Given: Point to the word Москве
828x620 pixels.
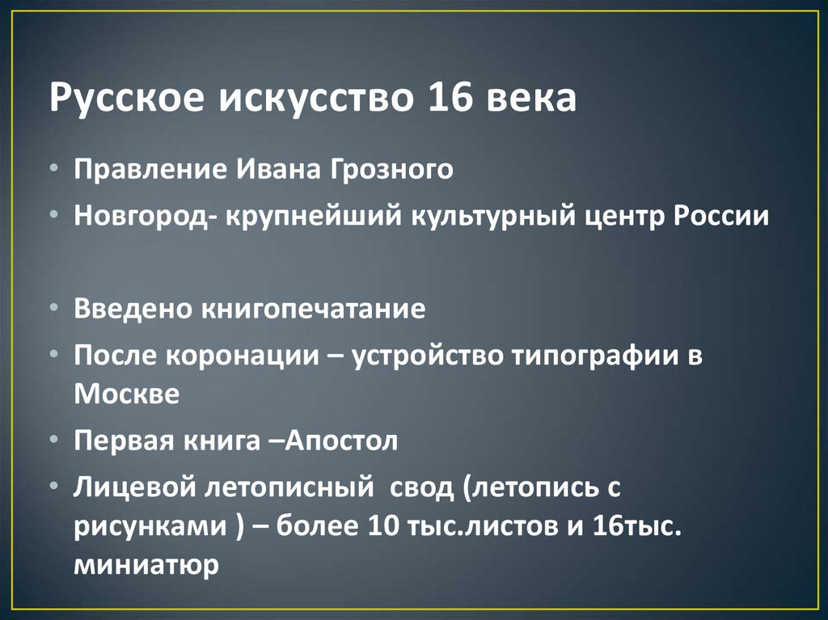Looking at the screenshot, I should coord(125,394).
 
